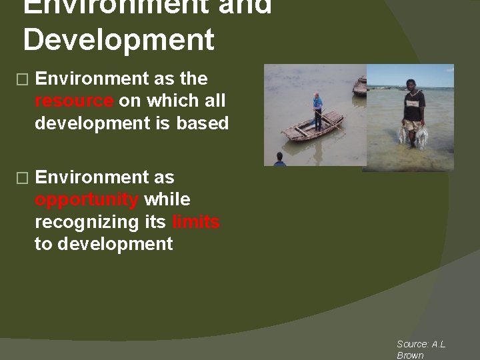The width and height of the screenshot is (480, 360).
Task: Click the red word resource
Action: coord(75,101)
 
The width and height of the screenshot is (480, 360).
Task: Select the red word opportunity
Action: coord(87,200)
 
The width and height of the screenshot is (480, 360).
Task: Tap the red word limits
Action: coord(195,222)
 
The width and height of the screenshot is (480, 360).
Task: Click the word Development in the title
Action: coord(119,40)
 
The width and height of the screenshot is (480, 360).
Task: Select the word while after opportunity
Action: coord(167,199)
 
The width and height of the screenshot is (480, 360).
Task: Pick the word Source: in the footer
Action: coord(413,344)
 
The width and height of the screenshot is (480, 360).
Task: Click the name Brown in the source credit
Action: coord(410,355)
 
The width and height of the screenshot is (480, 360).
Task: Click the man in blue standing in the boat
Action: coord(317,110)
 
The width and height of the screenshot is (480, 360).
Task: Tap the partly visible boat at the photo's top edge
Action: coord(361,85)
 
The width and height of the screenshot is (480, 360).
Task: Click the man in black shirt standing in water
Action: coord(413,113)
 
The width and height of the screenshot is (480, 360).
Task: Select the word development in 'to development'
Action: coord(115,244)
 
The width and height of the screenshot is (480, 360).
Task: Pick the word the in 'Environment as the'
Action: coord(193,79)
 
